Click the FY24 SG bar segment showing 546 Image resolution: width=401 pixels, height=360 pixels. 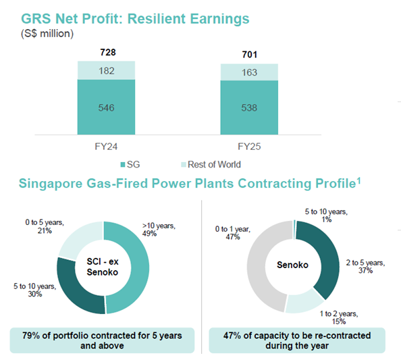coord(106,107)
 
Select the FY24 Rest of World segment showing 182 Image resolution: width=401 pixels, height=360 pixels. coord(106,70)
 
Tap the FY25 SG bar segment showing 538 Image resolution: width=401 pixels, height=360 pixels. coord(250,108)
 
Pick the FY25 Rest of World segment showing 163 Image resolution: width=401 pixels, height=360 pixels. coord(250,72)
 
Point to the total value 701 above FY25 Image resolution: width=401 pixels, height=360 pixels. coord(250,55)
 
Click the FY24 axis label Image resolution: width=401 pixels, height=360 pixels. coord(106,146)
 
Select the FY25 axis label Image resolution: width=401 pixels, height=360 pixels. coord(250,146)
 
